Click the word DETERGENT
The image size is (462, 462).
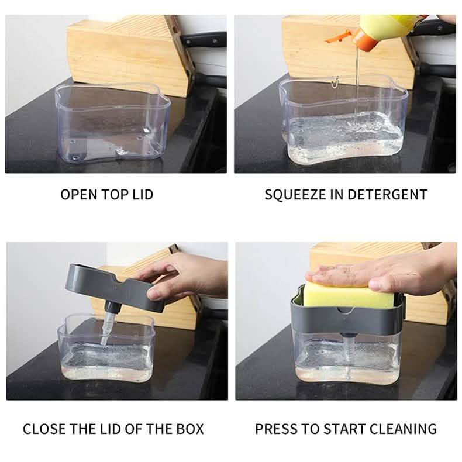pyautogui.click(x=388, y=195)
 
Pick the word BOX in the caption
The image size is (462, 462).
pyautogui.click(x=190, y=429)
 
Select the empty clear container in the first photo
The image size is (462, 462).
pyautogui.click(x=112, y=123)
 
